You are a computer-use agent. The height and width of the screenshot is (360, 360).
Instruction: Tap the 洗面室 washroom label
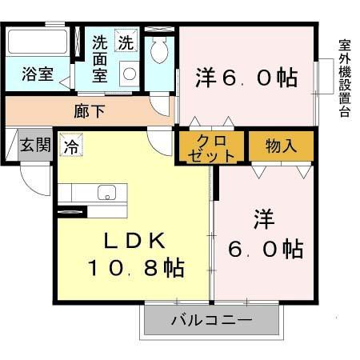tap(99, 58)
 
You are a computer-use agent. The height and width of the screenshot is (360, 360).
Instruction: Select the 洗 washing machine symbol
tap(126, 42)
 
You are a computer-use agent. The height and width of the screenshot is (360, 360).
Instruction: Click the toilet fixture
tap(158, 50)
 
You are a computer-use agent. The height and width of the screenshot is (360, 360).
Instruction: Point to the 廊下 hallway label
tap(89, 111)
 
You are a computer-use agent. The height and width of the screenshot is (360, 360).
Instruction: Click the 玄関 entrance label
tap(35, 146)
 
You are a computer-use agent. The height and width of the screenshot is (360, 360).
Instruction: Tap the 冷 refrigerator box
tap(70, 147)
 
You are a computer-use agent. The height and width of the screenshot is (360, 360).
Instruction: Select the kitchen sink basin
tap(106, 193)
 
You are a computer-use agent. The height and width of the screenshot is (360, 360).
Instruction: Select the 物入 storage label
tap(281, 146)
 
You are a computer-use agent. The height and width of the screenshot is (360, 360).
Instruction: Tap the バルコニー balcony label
tap(211, 322)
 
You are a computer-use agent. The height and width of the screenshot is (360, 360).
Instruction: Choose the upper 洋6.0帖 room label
tap(246, 77)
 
